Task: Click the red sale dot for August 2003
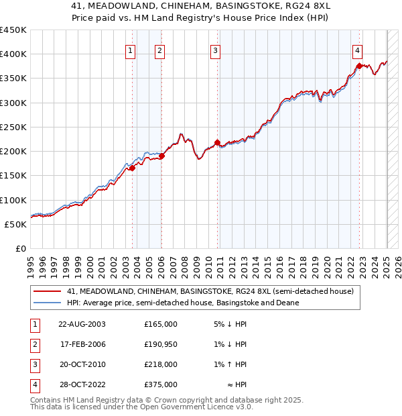coord(132,168)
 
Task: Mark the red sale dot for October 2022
coord(360,66)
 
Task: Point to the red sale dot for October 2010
coord(217,142)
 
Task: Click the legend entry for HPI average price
coord(182,303)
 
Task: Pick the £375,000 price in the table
coord(161,384)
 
